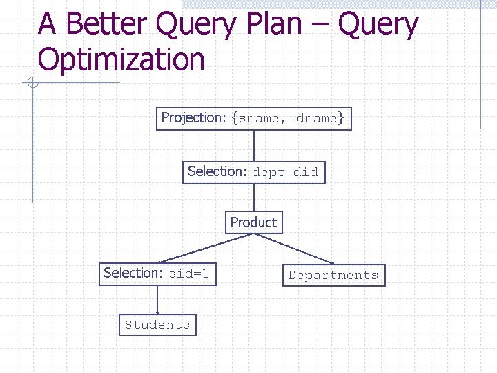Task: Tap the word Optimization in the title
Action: pos(121,59)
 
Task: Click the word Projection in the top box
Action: pos(193,117)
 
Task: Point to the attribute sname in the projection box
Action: pos(259,118)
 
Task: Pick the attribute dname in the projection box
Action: pos(316,118)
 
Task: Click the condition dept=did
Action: pos(285,172)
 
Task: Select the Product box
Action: pos(253,222)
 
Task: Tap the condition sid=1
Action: pos(188,274)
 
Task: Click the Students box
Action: pos(157,325)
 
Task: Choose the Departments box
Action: pos(333,275)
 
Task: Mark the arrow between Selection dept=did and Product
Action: pos(254,198)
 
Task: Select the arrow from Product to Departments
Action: pos(295,249)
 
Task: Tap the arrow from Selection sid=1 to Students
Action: pos(158,299)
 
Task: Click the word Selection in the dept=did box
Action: pos(217,171)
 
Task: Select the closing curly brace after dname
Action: pos(341,118)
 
